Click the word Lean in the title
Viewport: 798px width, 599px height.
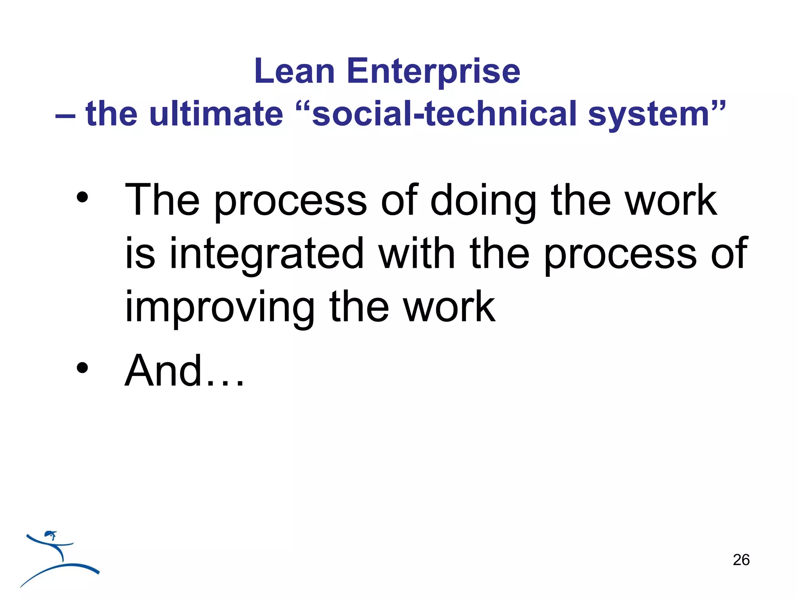pyautogui.click(x=294, y=71)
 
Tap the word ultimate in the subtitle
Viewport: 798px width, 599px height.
pyautogui.click(x=216, y=114)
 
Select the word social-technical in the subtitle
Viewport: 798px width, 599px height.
pyautogui.click(x=444, y=114)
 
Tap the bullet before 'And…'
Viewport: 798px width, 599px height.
pyautogui.click(x=82, y=368)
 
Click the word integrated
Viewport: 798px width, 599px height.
pyautogui.click(x=267, y=254)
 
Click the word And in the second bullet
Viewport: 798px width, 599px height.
pyautogui.click(x=164, y=371)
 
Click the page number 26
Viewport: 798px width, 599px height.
pyautogui.click(x=741, y=560)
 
